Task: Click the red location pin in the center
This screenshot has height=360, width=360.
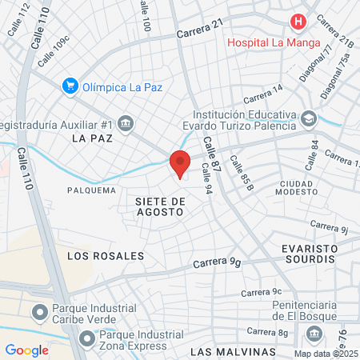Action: click(x=180, y=162)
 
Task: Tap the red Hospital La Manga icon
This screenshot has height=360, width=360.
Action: click(x=298, y=22)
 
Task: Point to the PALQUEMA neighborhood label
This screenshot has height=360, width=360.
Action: click(x=86, y=190)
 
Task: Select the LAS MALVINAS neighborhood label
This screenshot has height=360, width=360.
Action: click(x=233, y=351)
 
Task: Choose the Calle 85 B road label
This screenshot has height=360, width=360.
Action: click(x=241, y=171)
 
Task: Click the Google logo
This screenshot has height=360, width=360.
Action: click(x=27, y=350)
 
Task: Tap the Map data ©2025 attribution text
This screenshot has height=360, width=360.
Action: click(x=326, y=354)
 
